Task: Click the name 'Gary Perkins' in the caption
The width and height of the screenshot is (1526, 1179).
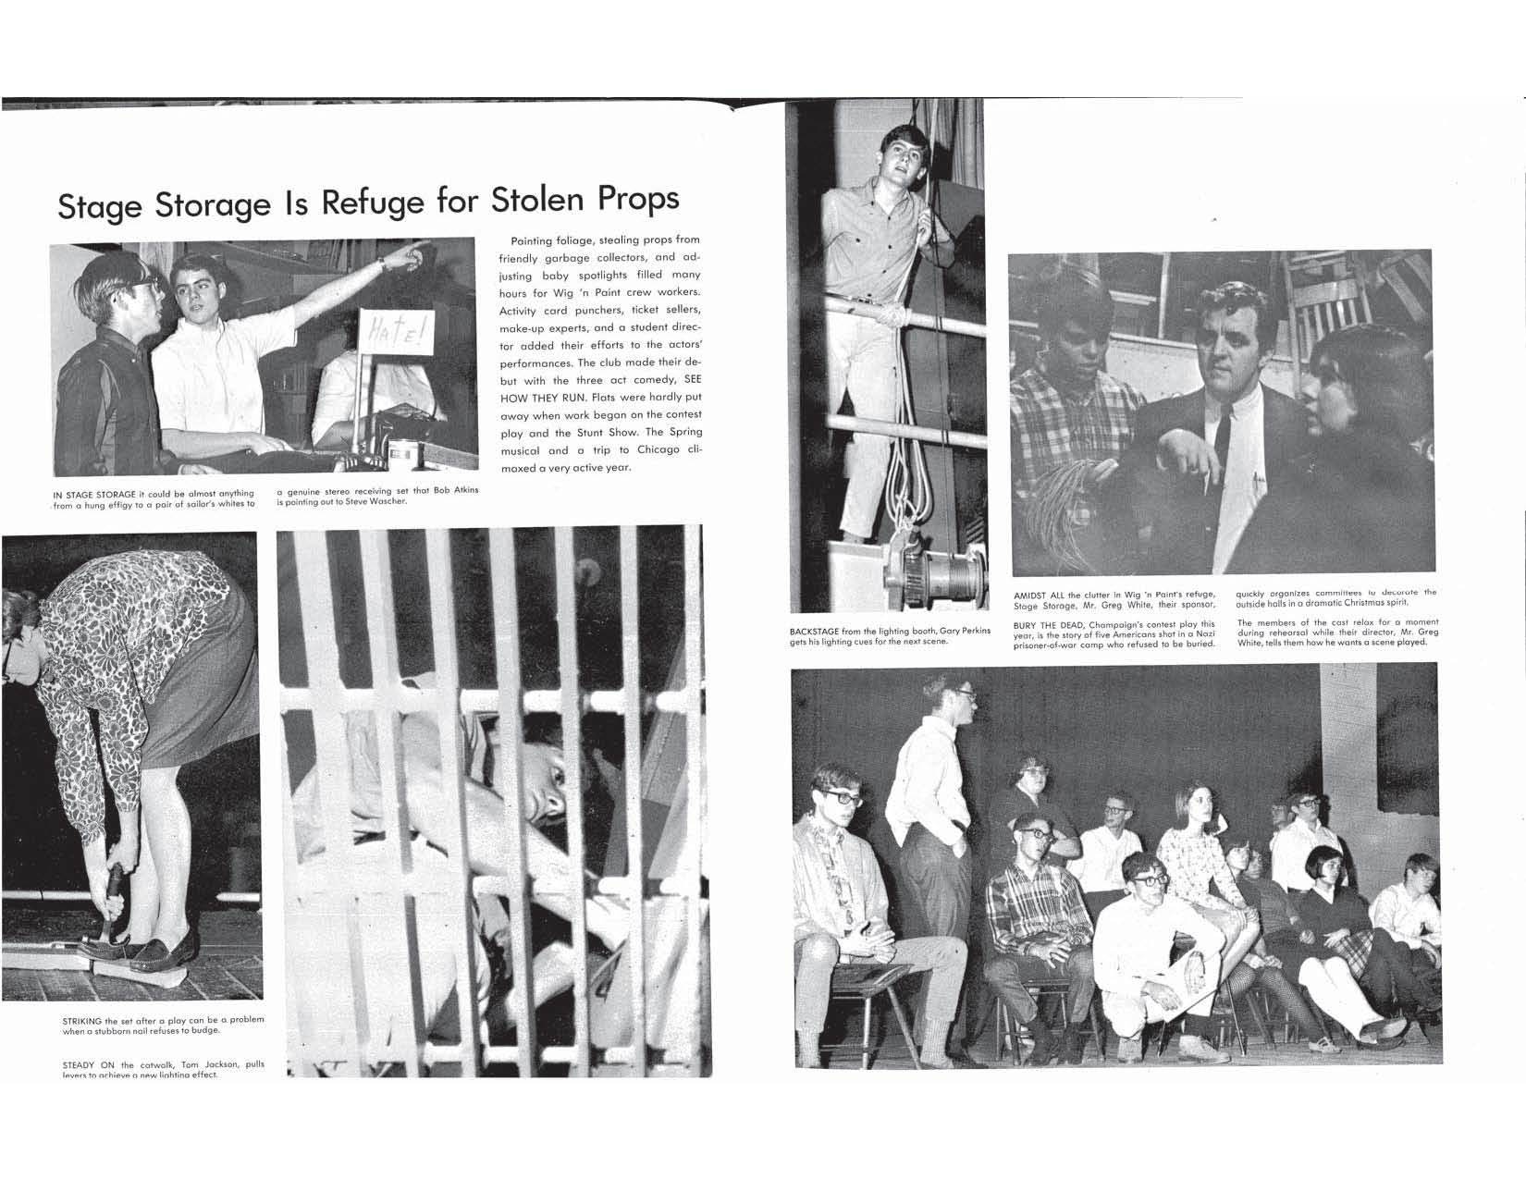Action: click(957, 631)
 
